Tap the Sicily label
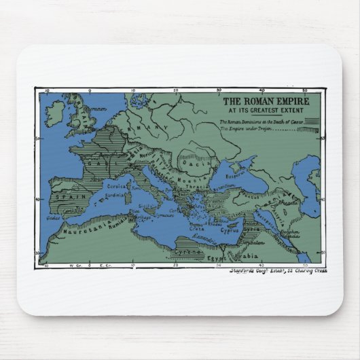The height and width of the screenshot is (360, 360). pos(144,205)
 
